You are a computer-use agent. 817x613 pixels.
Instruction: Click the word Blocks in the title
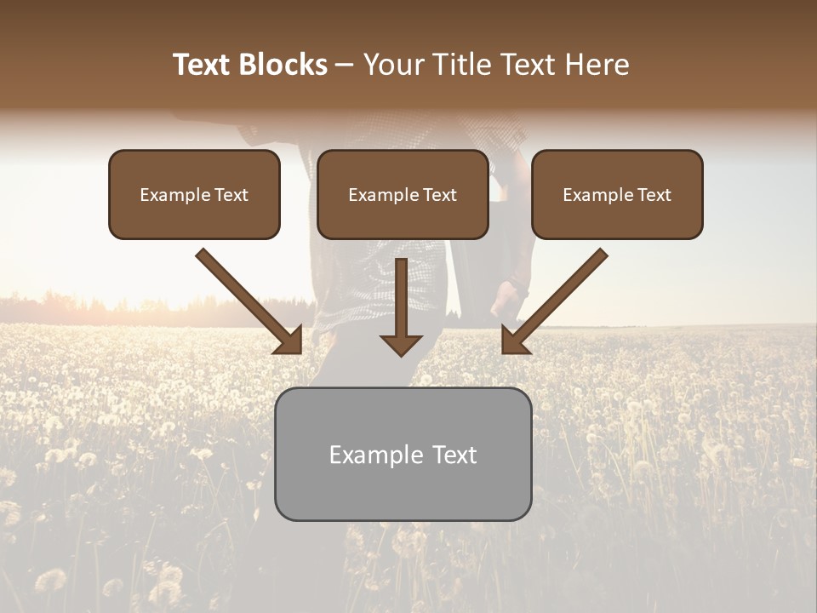click(283, 65)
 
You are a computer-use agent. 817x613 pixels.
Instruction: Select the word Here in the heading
click(596, 65)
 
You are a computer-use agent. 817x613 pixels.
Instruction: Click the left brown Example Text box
click(194, 195)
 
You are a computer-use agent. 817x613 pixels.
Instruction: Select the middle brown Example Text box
click(403, 195)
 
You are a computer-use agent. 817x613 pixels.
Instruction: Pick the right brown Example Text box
click(617, 195)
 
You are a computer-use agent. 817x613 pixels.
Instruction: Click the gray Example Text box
click(403, 454)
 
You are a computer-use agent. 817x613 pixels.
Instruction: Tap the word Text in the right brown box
click(654, 195)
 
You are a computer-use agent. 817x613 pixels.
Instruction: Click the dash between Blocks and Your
click(345, 66)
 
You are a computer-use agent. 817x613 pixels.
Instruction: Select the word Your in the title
click(394, 65)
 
